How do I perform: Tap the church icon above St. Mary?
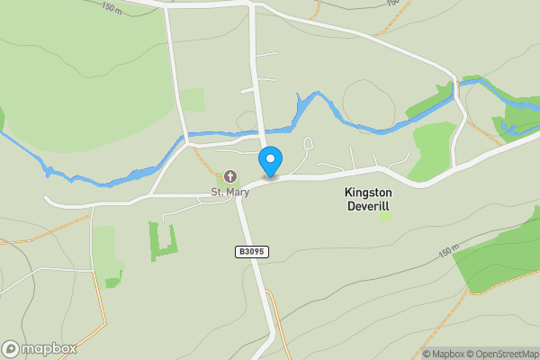(229, 175)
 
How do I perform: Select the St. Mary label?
(229, 192)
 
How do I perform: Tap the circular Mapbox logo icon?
(11, 349)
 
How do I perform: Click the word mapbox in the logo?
(49, 349)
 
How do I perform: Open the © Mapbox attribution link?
(445, 354)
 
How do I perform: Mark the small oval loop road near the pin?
(308, 143)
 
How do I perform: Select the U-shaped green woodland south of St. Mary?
(163, 241)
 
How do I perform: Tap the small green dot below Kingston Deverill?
(385, 217)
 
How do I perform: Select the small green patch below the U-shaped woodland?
(112, 283)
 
